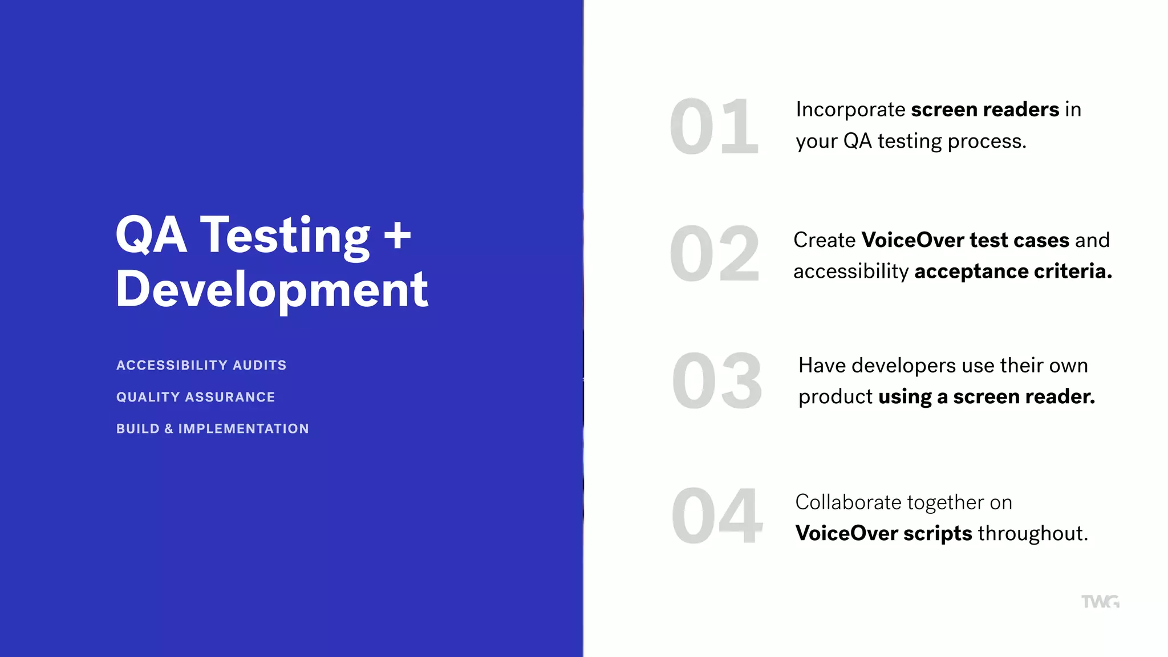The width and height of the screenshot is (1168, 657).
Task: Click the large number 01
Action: click(714, 127)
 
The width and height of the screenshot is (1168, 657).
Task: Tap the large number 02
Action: click(714, 254)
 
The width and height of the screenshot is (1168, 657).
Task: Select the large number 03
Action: click(716, 381)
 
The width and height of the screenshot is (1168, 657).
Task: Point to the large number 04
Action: click(716, 516)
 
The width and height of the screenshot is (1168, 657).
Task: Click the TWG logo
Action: click(1100, 602)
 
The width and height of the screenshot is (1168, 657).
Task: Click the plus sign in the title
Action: click(398, 236)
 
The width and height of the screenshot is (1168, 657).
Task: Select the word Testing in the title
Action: click(285, 236)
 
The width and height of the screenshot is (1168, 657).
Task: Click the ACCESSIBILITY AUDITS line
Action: click(201, 365)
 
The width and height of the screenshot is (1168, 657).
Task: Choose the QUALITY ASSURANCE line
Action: click(196, 397)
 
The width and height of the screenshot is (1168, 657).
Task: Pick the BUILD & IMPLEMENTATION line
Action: click(213, 429)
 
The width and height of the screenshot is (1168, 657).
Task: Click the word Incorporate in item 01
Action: click(850, 109)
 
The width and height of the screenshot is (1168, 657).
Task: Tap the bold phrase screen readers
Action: click(985, 109)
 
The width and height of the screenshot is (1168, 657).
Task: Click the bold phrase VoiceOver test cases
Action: click(966, 240)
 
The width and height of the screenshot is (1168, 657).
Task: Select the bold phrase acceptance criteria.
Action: click(1013, 271)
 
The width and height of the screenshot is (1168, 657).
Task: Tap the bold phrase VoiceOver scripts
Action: click(883, 534)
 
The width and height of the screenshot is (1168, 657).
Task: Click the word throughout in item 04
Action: click(1033, 534)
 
